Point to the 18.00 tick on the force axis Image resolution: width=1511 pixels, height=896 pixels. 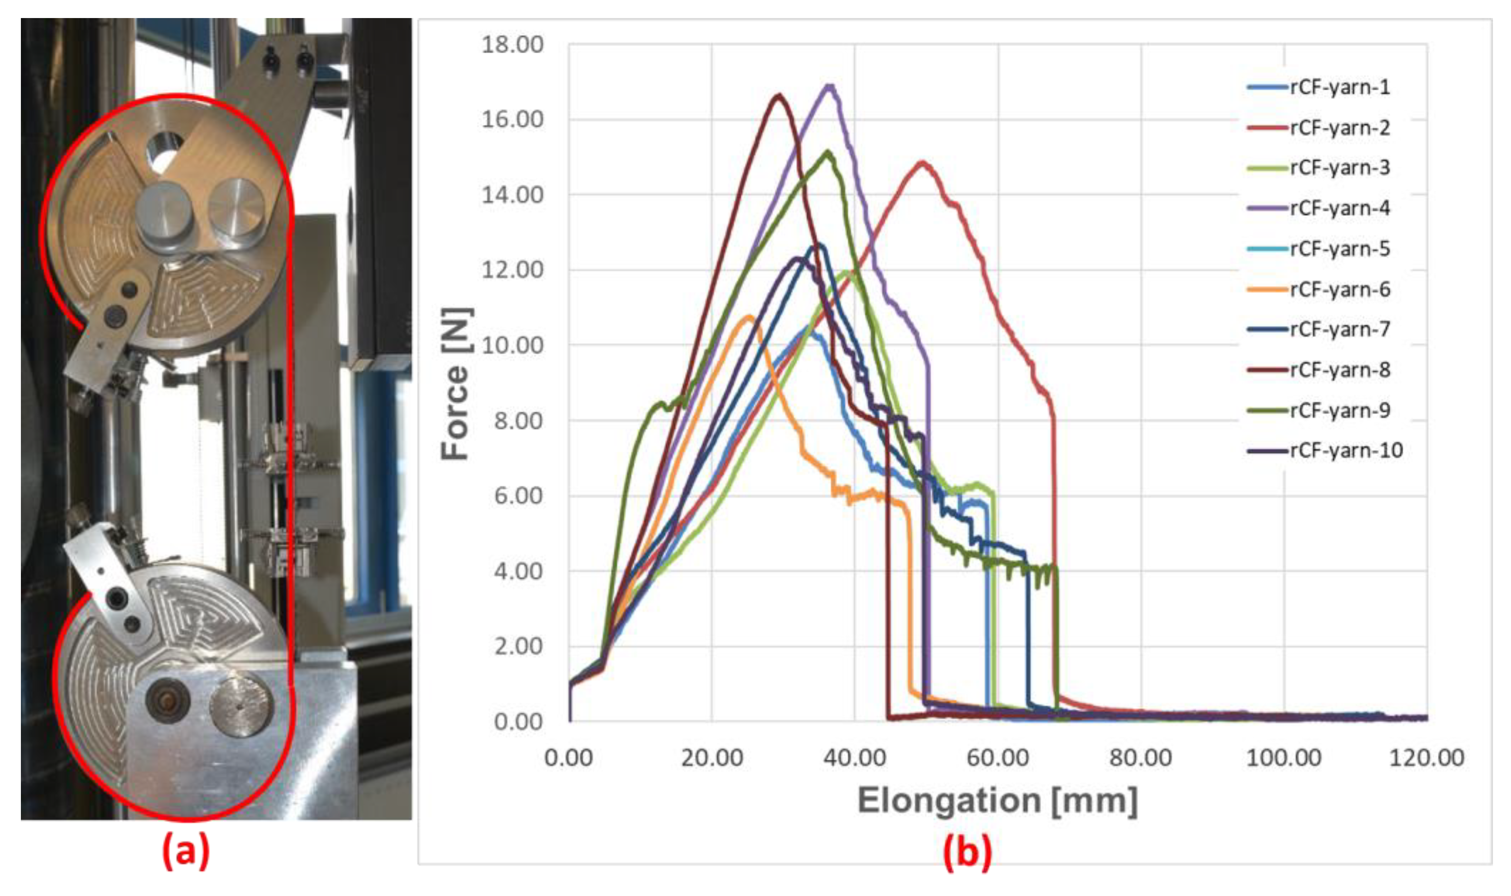pyautogui.click(x=512, y=45)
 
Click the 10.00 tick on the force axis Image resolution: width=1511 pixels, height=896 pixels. pyautogui.click(x=512, y=345)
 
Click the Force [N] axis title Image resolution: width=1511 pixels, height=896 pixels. pyautogui.click(x=456, y=384)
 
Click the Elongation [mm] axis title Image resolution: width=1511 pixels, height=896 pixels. pyautogui.click(x=997, y=801)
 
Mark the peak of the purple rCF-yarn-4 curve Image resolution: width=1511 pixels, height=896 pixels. pyautogui.click(x=830, y=86)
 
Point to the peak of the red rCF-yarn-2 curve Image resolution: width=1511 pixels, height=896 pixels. pyautogui.click(x=922, y=162)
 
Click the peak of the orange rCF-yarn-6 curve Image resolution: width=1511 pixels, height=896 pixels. pyautogui.click(x=750, y=316)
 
